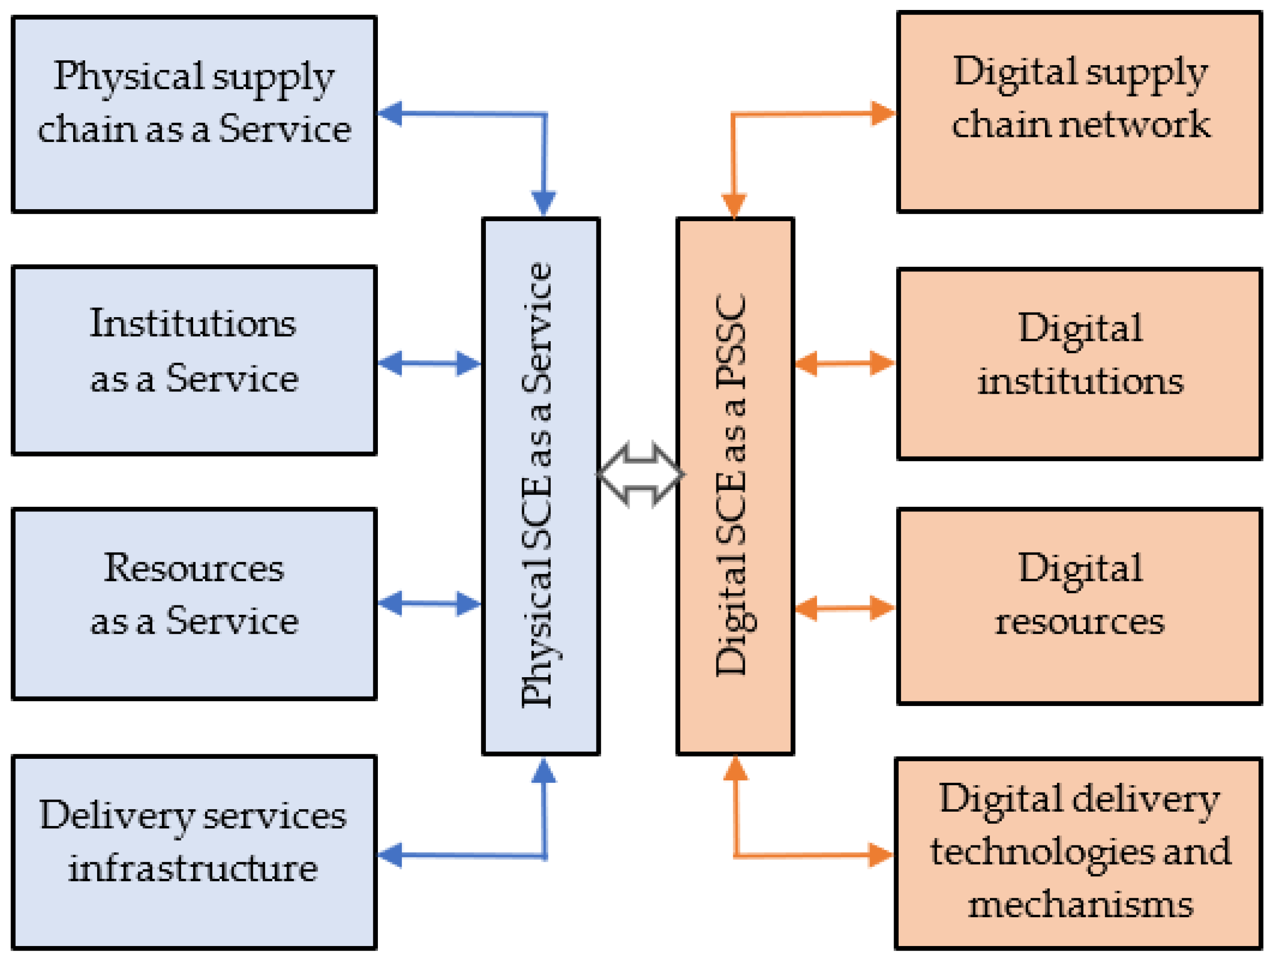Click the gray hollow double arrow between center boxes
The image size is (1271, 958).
pos(640,475)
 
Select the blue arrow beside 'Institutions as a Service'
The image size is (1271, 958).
pos(429,363)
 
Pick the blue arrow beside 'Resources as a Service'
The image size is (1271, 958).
pos(429,603)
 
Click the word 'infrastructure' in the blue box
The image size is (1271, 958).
pos(193,868)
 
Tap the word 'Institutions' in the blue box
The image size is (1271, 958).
pos(193,324)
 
